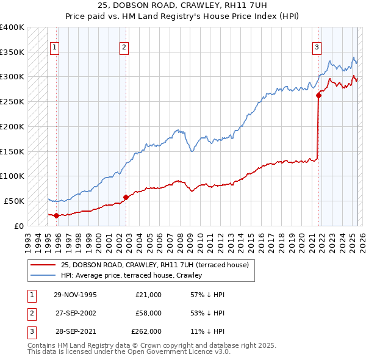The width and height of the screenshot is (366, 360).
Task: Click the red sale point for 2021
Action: (x=318, y=95)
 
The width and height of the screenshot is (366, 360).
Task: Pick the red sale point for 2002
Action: (x=126, y=197)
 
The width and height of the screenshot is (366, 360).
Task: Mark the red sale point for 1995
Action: (x=56, y=215)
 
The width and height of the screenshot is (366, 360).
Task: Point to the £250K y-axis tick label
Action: (x=12, y=101)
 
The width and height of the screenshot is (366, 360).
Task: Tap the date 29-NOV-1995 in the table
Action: (x=76, y=295)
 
